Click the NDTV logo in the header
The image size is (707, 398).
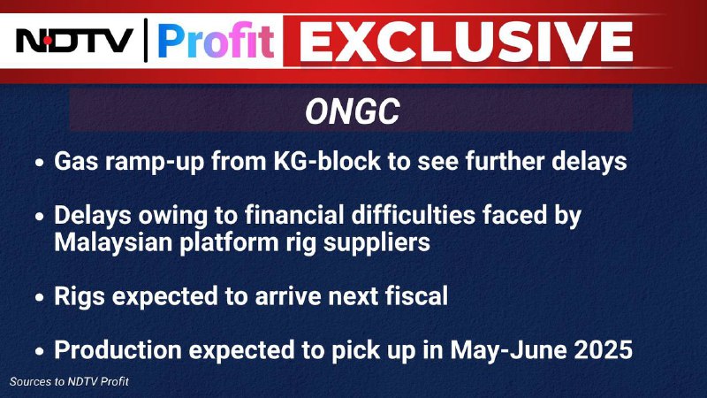coord(75,41)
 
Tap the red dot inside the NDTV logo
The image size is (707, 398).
coord(48,41)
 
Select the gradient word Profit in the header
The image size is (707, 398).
coord(216,41)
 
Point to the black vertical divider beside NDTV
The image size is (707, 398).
coord(146,40)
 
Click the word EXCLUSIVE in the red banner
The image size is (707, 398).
coord(466,42)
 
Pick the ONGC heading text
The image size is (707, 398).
coord(352,111)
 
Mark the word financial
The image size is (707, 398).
coord(294,215)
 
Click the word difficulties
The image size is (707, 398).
coord(414,215)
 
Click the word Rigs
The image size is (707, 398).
coord(80,296)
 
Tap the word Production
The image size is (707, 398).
coord(118,349)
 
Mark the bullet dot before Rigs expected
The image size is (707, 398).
coord(40,298)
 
